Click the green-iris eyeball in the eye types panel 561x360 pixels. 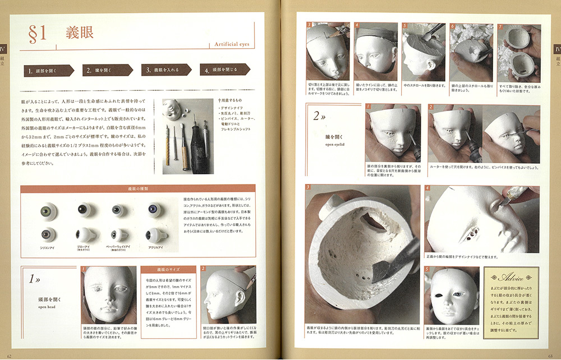48,211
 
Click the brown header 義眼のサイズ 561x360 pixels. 167,269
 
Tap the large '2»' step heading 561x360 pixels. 320,117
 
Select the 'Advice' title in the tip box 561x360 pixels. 511,278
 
